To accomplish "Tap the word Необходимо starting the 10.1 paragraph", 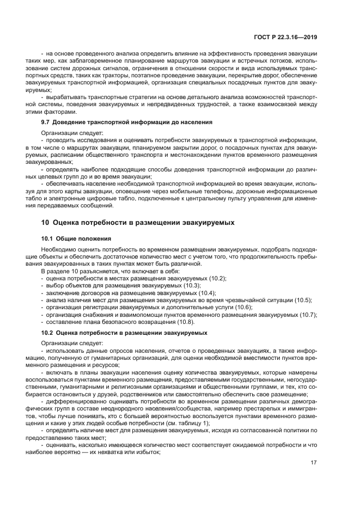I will [60, 249].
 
